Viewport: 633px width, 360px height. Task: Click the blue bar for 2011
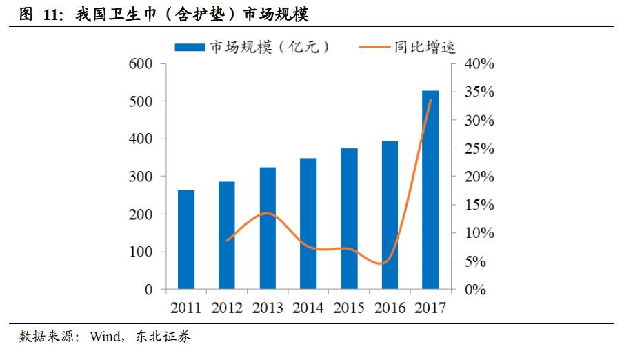tap(186, 239)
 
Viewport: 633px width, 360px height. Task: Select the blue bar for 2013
tap(268, 228)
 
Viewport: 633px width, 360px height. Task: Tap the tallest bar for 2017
tap(430, 190)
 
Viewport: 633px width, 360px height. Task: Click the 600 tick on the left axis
tap(140, 64)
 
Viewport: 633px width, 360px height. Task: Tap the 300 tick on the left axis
tap(140, 177)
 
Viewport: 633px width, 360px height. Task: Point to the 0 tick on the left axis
tap(148, 290)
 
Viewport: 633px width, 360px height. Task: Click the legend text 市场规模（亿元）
tap(269, 47)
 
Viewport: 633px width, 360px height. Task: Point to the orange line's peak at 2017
tap(431, 100)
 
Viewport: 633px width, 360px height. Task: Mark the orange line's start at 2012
tap(227, 241)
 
